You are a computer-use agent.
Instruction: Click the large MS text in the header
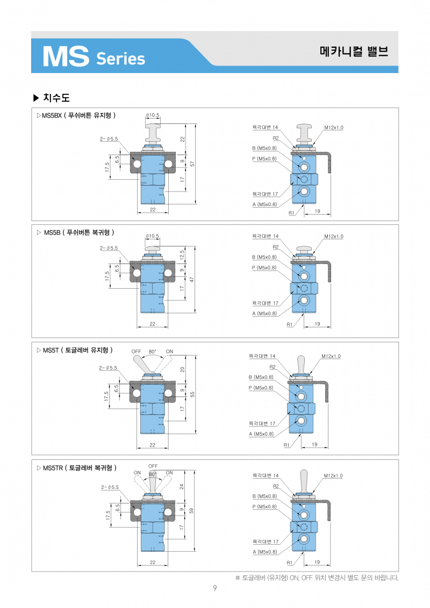65,56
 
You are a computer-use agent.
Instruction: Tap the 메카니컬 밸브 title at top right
353,52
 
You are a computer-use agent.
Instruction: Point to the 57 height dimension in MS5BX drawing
192,163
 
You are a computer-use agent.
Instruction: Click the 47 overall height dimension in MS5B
192,280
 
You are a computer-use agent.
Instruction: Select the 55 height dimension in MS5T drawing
192,394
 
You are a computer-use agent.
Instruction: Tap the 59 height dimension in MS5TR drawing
192,510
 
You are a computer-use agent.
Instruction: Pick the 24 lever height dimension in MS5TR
182,487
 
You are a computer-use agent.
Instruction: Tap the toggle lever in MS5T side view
302,364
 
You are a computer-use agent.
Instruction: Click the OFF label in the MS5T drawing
137,351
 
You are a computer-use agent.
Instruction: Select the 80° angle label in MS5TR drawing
153,474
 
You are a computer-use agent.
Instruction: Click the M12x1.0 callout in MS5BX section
333,127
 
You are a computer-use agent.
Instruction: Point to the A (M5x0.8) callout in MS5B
264,313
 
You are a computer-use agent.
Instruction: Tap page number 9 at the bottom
214,589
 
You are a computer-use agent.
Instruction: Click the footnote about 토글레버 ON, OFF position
317,578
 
